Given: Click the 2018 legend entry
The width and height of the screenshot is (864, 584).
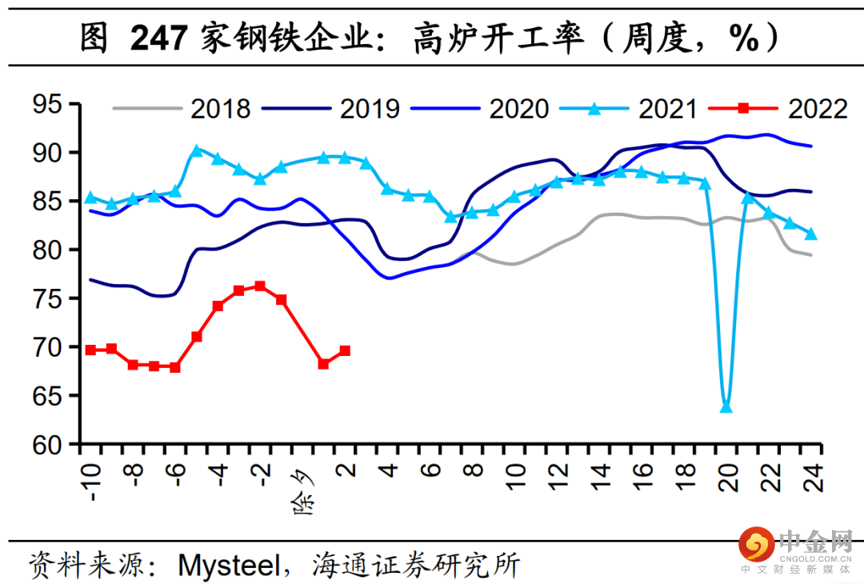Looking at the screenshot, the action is click(x=182, y=109).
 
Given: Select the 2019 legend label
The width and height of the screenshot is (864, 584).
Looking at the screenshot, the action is click(x=369, y=109).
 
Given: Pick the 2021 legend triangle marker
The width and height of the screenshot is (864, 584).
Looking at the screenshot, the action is click(x=594, y=109).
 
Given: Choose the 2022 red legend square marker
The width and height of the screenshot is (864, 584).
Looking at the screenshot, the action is click(x=743, y=108).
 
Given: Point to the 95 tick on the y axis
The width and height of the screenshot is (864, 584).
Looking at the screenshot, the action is click(x=47, y=103).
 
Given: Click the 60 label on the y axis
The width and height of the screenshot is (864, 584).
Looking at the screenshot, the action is click(x=47, y=445).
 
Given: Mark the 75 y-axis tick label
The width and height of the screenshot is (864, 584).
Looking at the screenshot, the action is click(x=47, y=298).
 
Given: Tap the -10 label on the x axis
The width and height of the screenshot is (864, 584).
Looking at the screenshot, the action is click(x=91, y=482).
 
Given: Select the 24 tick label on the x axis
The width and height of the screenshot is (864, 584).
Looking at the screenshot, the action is click(x=813, y=477).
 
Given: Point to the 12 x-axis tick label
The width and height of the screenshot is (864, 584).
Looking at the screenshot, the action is click(x=558, y=477).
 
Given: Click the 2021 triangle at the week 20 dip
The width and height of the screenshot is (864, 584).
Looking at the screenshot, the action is click(x=726, y=407).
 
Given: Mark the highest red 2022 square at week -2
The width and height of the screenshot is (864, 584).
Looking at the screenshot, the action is click(x=260, y=286).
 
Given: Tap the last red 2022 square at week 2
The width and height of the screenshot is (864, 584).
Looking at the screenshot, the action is click(x=345, y=350).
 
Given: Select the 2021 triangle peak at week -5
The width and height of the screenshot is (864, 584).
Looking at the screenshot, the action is click(x=197, y=150).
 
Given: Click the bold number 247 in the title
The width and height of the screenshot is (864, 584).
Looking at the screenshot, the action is click(x=159, y=38).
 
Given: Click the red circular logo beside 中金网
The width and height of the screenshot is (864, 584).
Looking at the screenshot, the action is click(x=757, y=544).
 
